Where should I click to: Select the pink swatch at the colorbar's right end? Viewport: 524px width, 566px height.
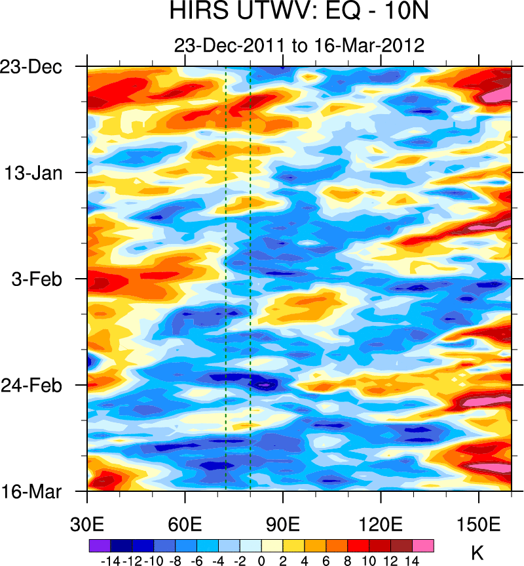(x=423, y=546)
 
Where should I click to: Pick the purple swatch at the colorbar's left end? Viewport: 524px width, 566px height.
(x=100, y=546)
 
